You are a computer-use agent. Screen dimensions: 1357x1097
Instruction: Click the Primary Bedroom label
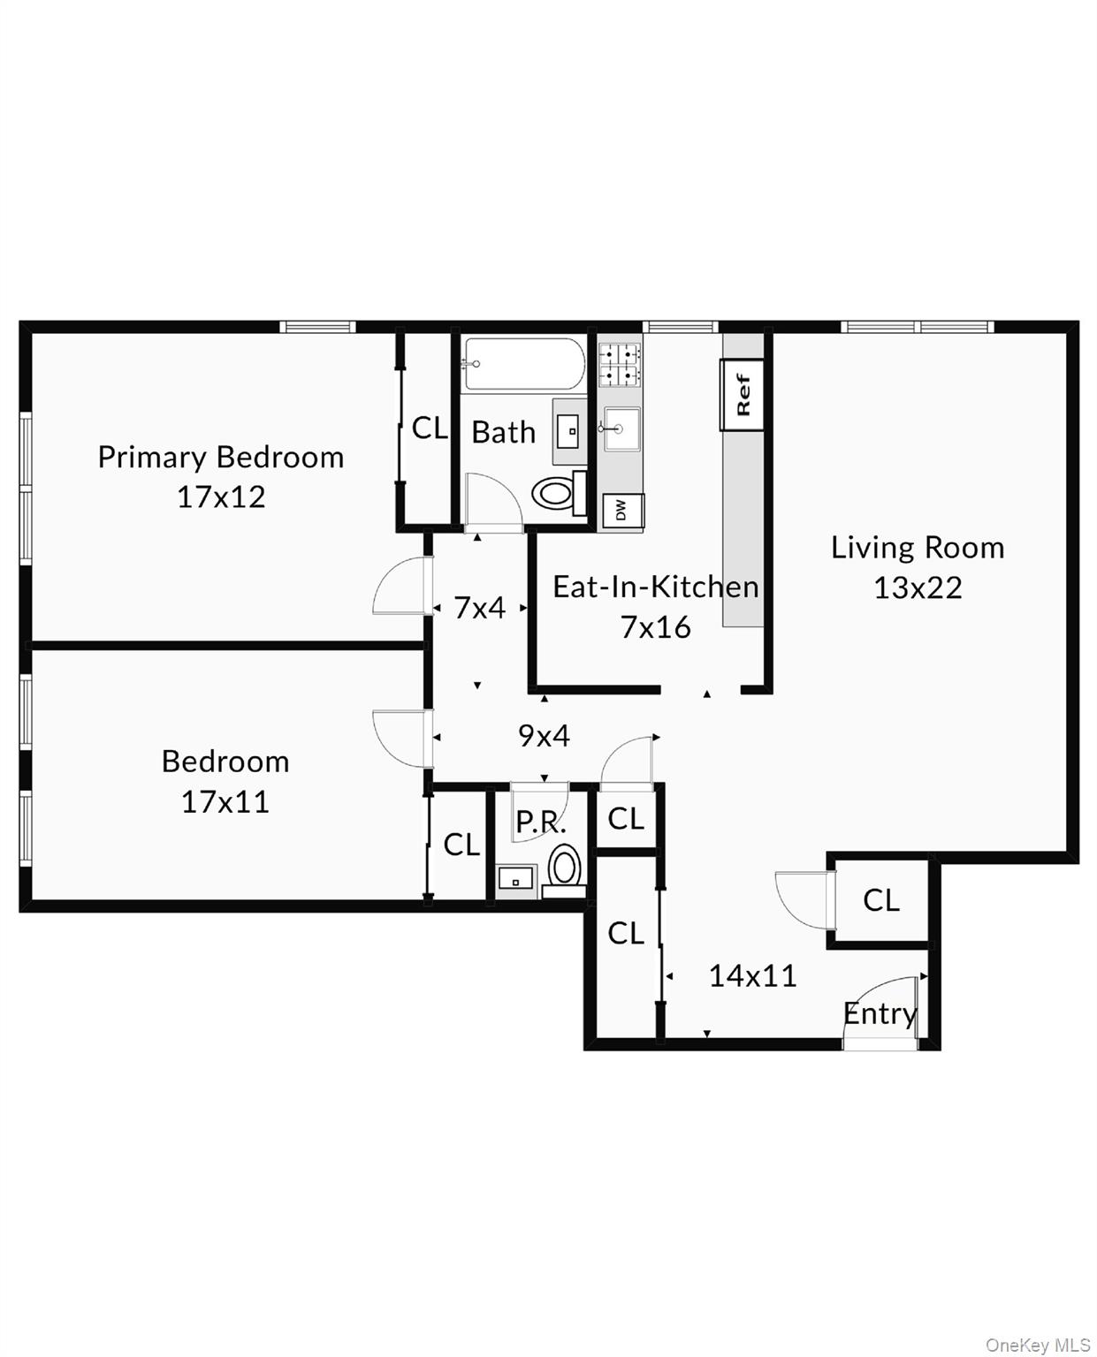click(220, 457)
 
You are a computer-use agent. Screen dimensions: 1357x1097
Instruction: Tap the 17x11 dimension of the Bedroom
click(225, 801)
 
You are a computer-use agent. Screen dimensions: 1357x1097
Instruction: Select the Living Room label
click(918, 548)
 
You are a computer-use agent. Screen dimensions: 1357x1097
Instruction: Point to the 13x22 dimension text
click(918, 588)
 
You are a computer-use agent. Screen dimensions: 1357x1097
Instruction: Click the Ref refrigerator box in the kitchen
click(742, 395)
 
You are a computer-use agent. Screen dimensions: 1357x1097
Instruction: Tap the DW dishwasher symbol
click(621, 511)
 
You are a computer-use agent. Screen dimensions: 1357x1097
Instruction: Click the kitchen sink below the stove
click(621, 429)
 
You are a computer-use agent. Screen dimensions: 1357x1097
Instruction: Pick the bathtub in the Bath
click(524, 363)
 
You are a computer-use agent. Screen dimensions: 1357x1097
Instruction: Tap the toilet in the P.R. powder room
click(565, 864)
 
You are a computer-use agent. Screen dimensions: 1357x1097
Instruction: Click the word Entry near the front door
click(880, 1013)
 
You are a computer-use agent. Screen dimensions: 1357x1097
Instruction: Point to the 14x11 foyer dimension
click(752, 975)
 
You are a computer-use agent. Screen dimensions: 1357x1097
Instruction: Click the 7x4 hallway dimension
click(479, 608)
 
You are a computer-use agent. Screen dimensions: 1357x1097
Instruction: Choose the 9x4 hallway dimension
click(544, 735)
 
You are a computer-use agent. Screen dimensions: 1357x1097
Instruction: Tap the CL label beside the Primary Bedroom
click(430, 428)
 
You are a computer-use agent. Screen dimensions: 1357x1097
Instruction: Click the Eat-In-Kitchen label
click(655, 587)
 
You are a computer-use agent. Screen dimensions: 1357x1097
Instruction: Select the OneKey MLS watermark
click(1038, 1345)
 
